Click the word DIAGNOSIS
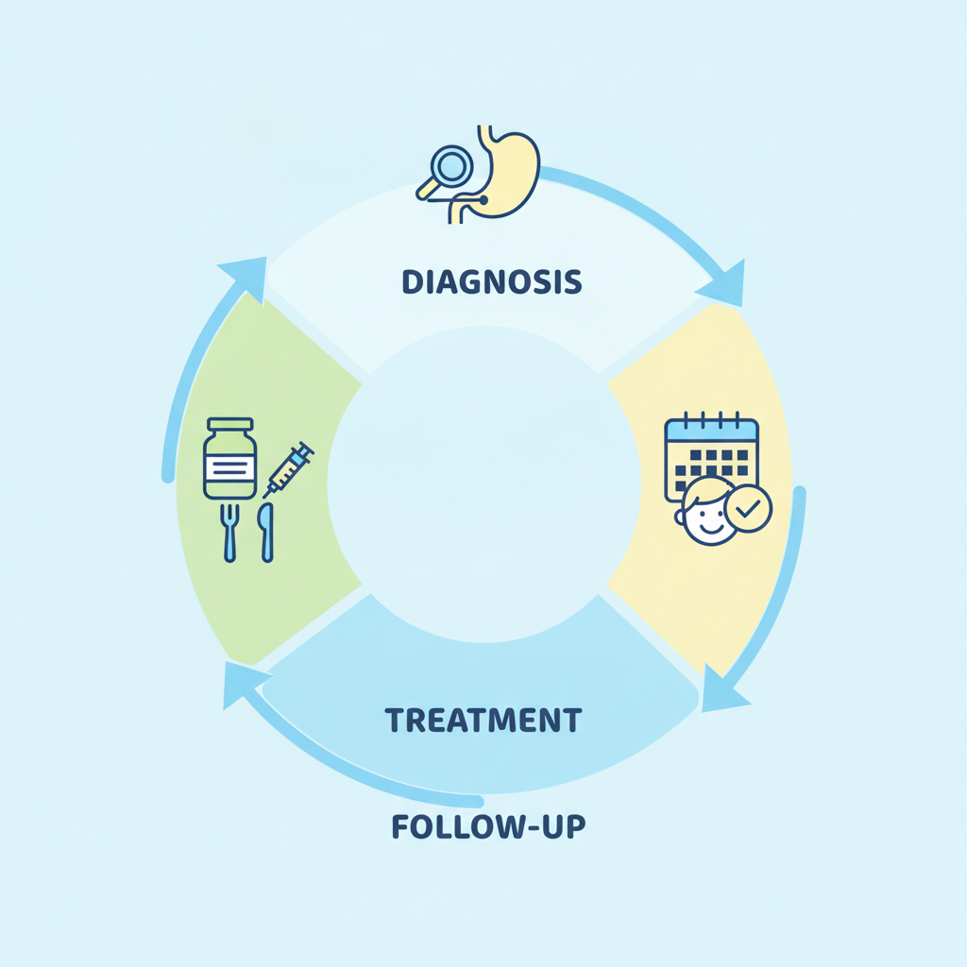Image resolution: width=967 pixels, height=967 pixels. (x=491, y=281)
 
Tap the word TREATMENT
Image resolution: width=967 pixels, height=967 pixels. (x=483, y=720)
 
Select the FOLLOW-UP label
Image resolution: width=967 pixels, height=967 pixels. (x=488, y=826)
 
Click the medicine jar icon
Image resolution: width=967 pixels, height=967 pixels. (x=230, y=458)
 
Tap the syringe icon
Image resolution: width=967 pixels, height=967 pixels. (x=289, y=469)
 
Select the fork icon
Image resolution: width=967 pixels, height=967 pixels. (x=229, y=533)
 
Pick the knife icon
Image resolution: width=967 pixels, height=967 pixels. (x=265, y=533)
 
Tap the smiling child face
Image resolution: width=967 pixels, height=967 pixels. (x=708, y=513)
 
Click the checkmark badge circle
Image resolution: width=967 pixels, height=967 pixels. (x=748, y=508)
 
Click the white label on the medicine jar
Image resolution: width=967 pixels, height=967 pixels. (x=230, y=468)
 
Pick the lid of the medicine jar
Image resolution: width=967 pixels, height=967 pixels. (x=230, y=424)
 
